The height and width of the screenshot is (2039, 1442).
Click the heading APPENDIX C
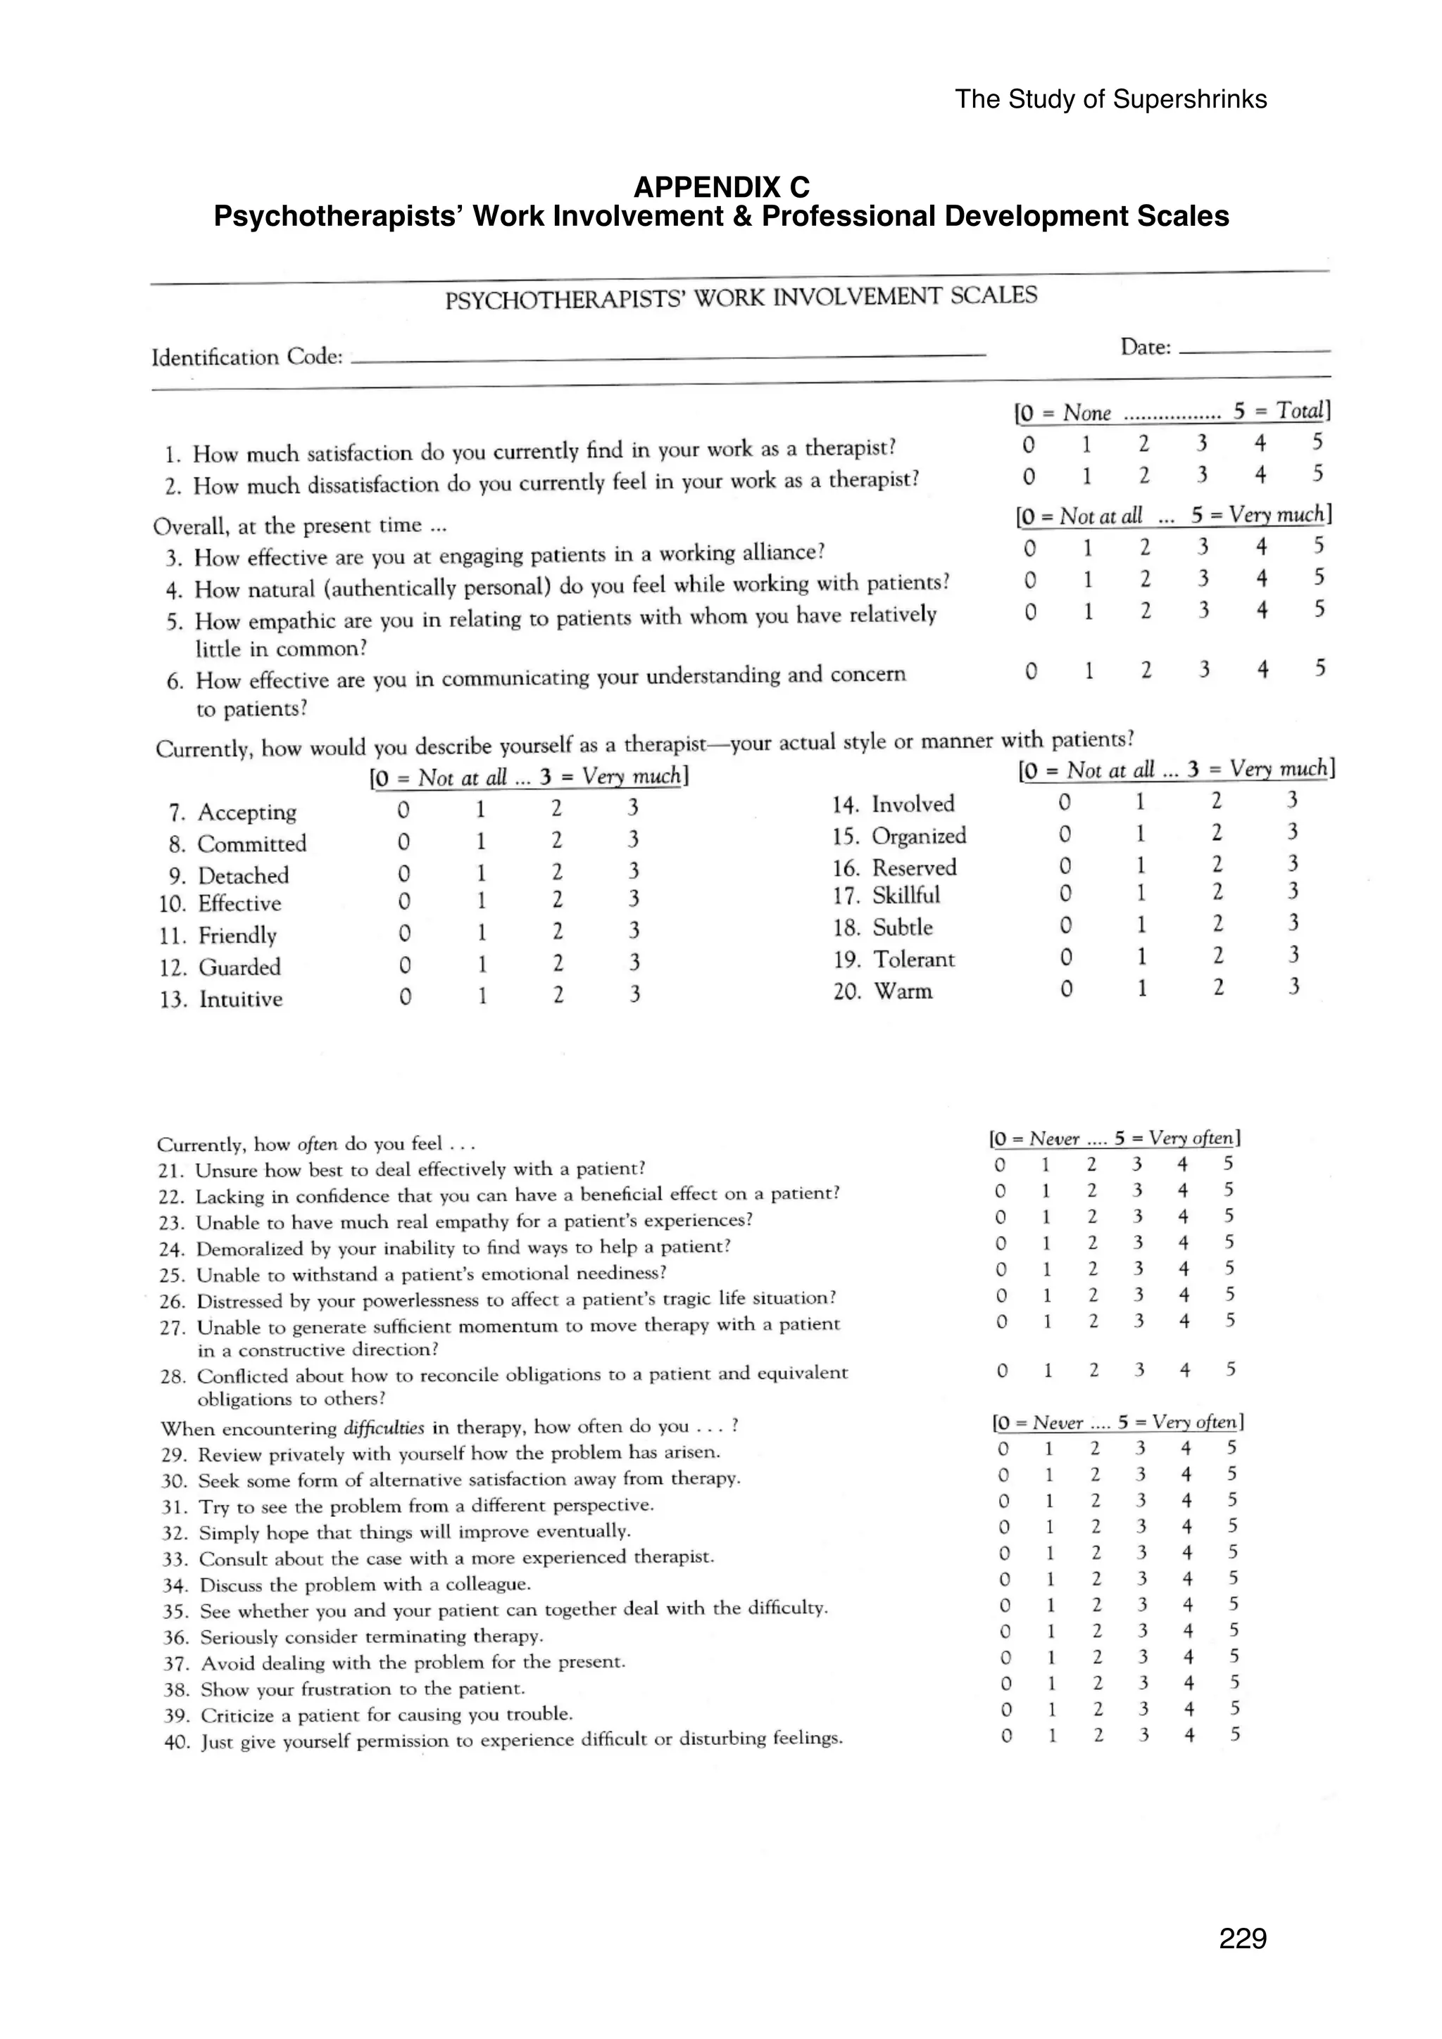722,187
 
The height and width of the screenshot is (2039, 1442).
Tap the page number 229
1242,1938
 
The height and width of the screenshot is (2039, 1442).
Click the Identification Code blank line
666,357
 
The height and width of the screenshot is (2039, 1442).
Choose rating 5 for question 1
1317,441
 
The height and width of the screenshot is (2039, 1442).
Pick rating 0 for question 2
1029,477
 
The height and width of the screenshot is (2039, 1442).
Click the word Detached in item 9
242,876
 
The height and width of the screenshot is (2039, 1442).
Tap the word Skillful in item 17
905,895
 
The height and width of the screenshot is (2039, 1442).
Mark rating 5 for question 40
1235,1734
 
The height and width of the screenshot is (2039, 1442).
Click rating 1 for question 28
1048,1371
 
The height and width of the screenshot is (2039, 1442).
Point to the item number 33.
173,1559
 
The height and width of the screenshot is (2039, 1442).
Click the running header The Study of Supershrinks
1110,99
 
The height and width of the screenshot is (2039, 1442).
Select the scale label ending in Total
1172,411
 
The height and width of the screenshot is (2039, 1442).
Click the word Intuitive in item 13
241,999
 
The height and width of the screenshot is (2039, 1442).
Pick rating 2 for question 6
1146,671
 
